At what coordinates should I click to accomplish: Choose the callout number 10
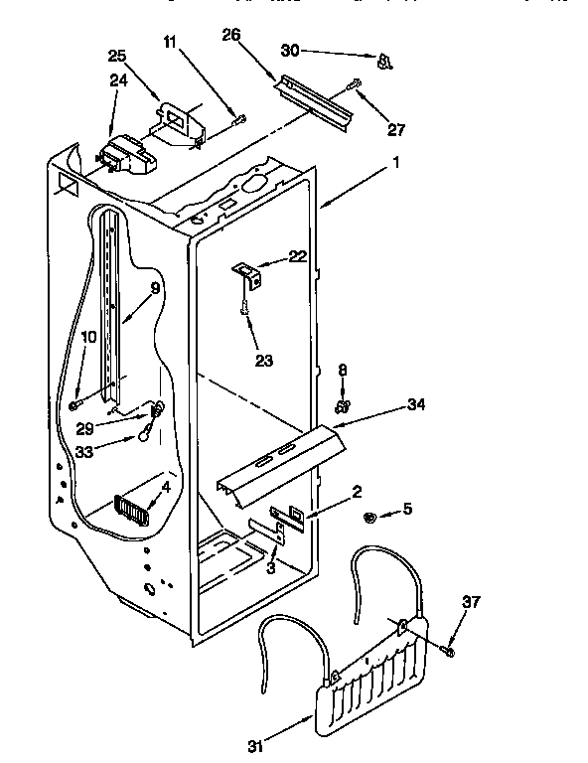pos(89,338)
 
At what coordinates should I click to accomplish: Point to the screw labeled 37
pos(448,651)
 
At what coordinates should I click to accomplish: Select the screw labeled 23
pos(243,311)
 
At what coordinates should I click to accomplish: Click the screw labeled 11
pos(238,119)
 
